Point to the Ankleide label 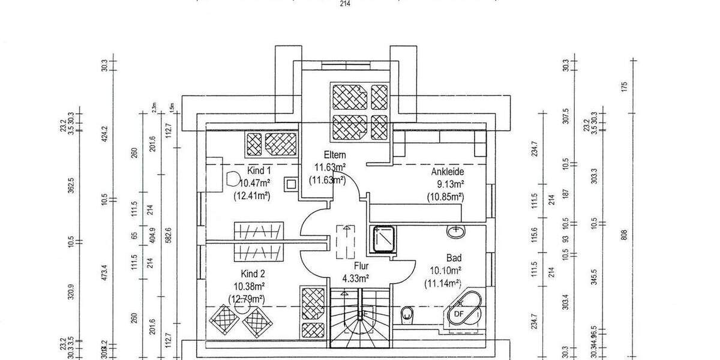(x=448, y=172)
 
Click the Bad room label (x=453, y=258)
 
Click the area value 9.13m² (x=448, y=184)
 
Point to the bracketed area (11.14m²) (x=443, y=283)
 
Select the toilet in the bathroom (x=407, y=313)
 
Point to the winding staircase (x=360, y=318)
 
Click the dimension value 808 (x=624, y=236)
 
